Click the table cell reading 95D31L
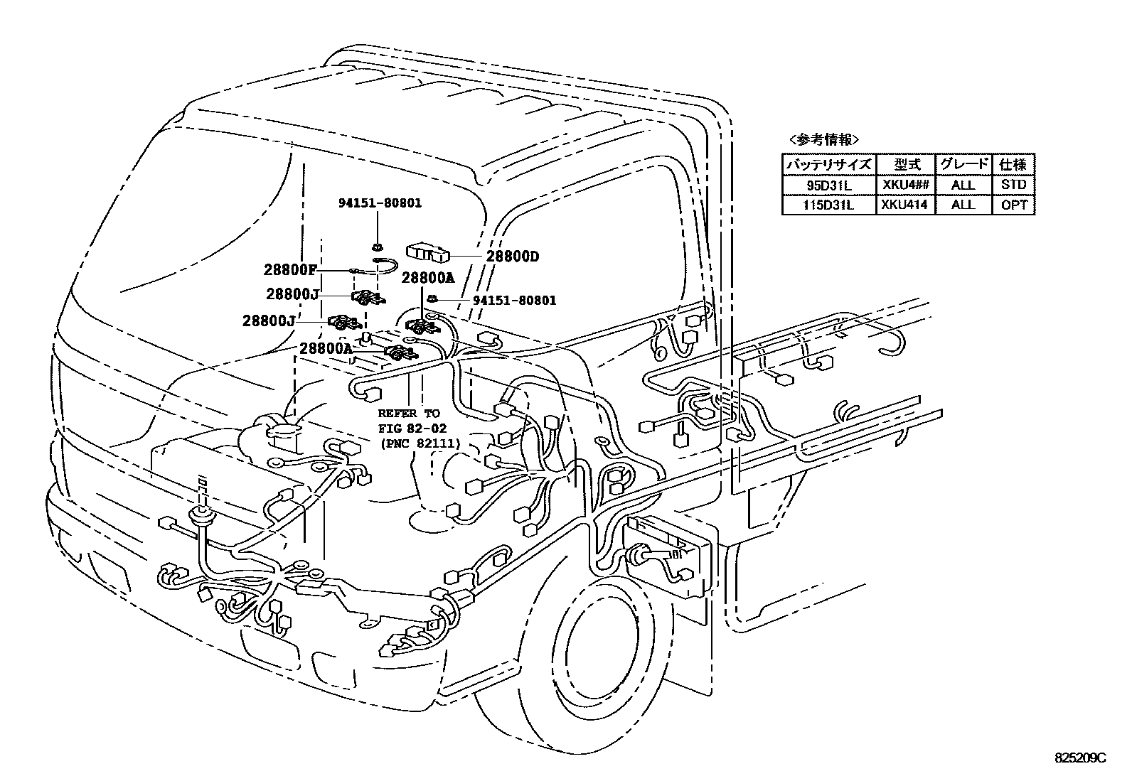pos(828,185)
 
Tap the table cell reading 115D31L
pos(828,205)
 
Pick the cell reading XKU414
pos(904,205)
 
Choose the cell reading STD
pos(1013,185)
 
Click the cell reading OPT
pos(1013,205)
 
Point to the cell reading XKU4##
pos(904,185)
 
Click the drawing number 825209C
pos(1081,757)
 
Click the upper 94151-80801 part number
pos(379,203)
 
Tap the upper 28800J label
pos(292,293)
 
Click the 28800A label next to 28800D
pos(427,278)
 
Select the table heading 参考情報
pos(824,139)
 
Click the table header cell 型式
pos(904,164)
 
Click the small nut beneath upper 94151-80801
pos(377,247)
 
